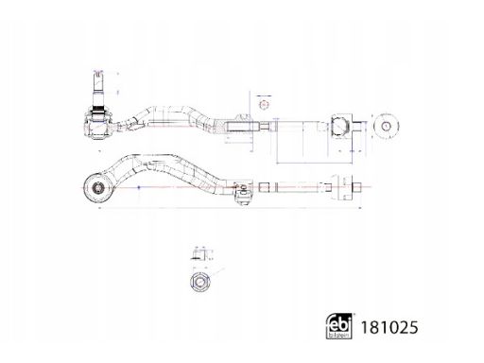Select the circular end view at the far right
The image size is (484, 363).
[x=387, y=127]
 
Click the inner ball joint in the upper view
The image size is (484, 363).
[x=340, y=127]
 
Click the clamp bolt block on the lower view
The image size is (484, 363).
[x=243, y=194]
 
